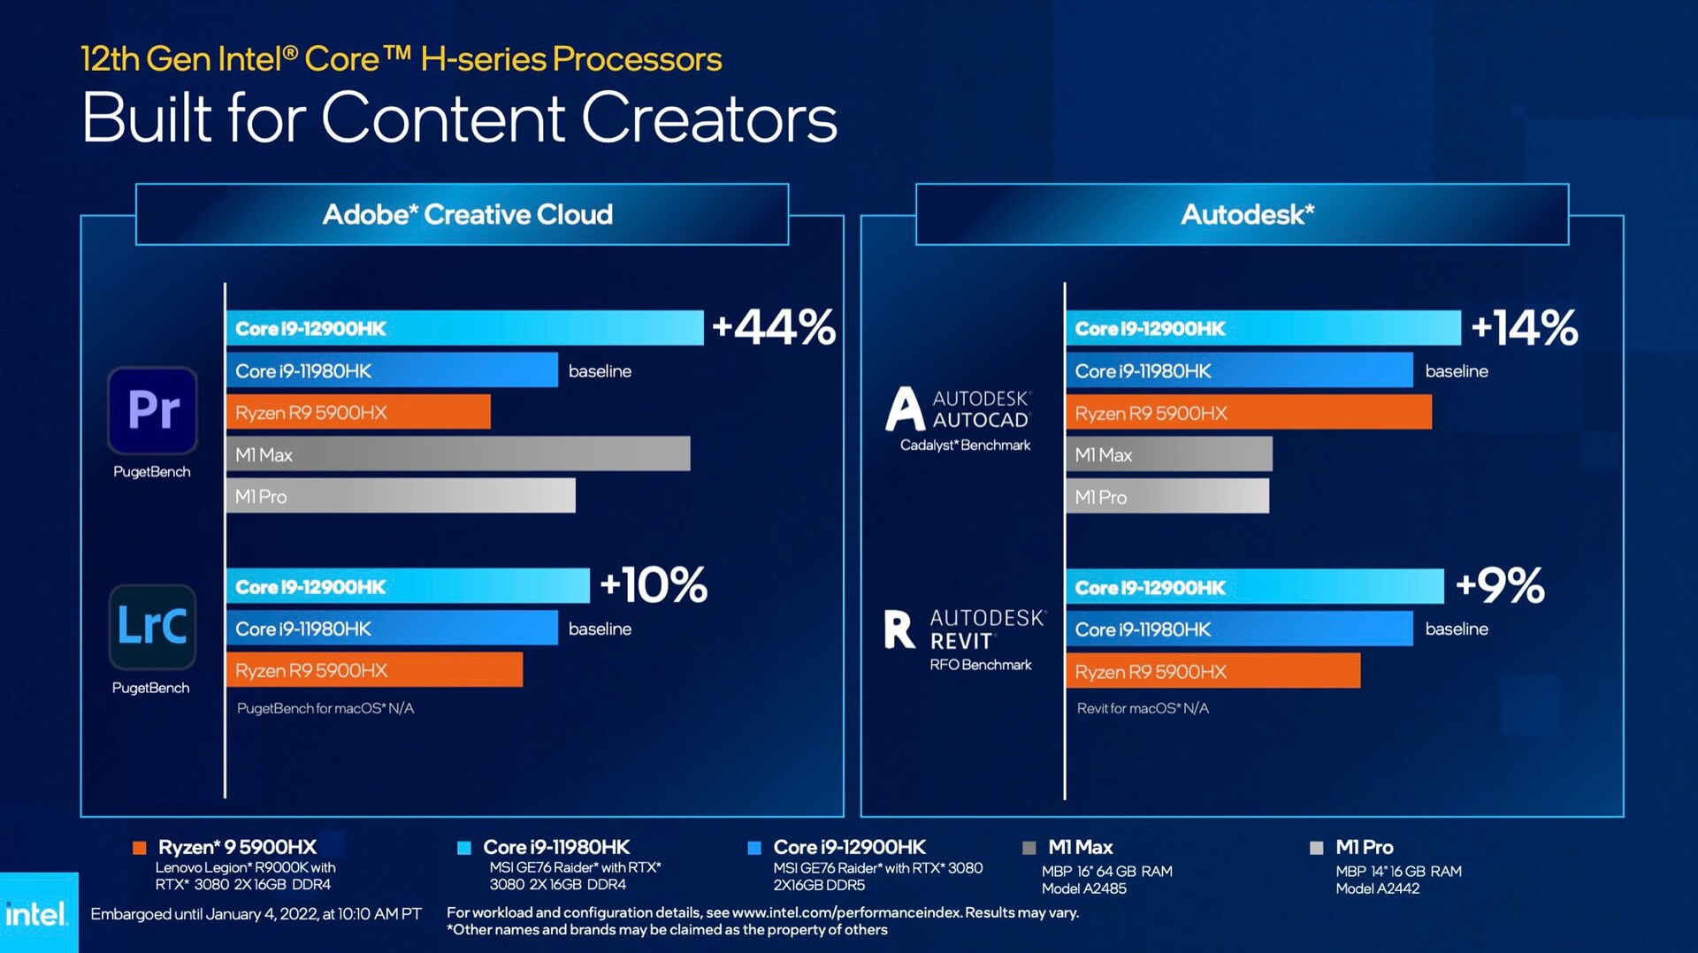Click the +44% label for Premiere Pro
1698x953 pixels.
pyautogui.click(x=773, y=327)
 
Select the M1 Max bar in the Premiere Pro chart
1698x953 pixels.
pyautogui.click(x=458, y=454)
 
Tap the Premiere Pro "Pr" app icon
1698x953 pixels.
pyautogui.click(x=152, y=410)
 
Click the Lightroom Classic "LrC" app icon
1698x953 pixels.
pyautogui.click(x=152, y=626)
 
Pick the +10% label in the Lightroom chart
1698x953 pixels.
pyautogui.click(x=654, y=585)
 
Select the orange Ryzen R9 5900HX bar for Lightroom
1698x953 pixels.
pyautogui.click(x=374, y=670)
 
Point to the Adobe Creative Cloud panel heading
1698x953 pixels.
pyautogui.click(x=467, y=214)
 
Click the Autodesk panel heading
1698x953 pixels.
pyautogui.click(x=1247, y=214)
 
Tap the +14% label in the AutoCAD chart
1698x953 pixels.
pyautogui.click(x=1524, y=327)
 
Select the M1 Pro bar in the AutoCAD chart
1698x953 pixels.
pyautogui.click(x=1167, y=496)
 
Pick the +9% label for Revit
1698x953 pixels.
pyautogui.click(x=1500, y=585)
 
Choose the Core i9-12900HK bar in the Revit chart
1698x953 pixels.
pyautogui.click(x=1254, y=587)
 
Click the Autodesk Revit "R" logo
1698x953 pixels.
pyautogui.click(x=899, y=629)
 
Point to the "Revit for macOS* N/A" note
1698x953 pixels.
pyautogui.click(x=1143, y=708)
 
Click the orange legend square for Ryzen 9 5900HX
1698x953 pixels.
pyautogui.click(x=139, y=848)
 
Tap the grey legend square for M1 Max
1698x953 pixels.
pyautogui.click(x=1029, y=848)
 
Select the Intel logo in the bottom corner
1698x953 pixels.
pyautogui.click(x=36, y=914)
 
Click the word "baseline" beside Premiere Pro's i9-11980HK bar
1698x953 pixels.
pyautogui.click(x=600, y=371)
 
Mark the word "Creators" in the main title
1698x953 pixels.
pyautogui.click(x=708, y=118)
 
